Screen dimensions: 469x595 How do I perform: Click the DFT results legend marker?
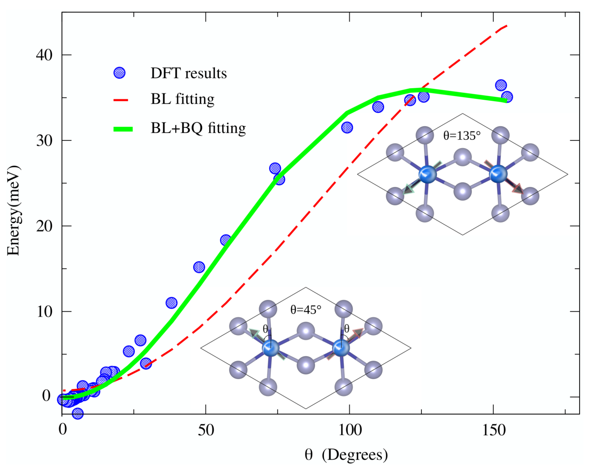(x=119, y=73)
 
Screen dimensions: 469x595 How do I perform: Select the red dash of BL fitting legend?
(x=121, y=100)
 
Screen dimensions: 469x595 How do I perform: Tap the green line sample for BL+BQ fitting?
(x=123, y=129)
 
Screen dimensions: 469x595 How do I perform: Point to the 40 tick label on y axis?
(x=44, y=55)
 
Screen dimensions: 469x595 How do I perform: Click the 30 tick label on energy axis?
(x=44, y=141)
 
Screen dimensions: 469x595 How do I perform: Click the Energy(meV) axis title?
(x=14, y=210)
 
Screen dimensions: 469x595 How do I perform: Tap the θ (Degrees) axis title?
(x=346, y=454)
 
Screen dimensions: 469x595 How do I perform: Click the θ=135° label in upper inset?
(x=462, y=135)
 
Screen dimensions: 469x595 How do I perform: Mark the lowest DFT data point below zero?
(x=77, y=413)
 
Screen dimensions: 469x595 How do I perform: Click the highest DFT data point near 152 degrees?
(x=501, y=85)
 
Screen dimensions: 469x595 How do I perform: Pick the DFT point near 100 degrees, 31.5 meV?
(x=347, y=127)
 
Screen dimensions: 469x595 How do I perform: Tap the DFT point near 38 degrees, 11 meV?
(x=172, y=303)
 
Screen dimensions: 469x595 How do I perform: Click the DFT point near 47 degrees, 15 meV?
(x=199, y=267)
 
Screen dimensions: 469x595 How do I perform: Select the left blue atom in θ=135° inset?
(x=428, y=174)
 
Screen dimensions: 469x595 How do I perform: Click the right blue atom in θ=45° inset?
(x=341, y=348)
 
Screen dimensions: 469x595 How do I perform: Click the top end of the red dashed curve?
(x=507, y=26)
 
